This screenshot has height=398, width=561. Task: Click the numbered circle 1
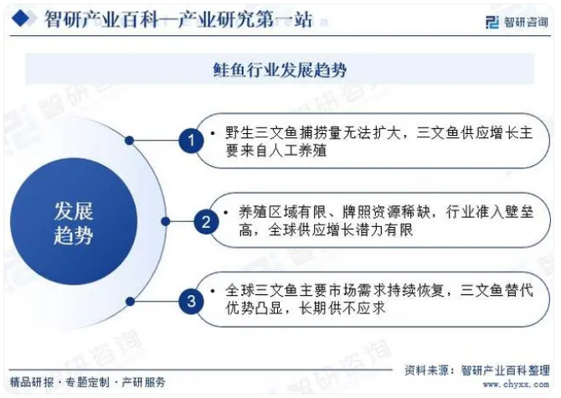[192, 141]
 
